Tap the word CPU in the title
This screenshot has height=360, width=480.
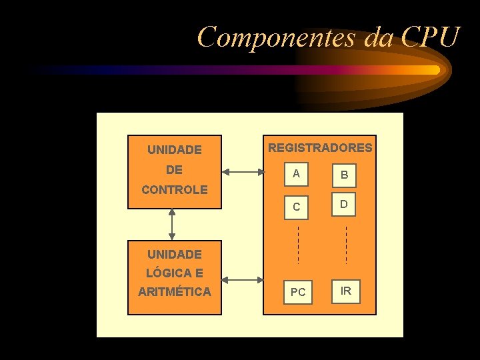point(431,37)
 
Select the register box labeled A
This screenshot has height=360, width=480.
point(297,174)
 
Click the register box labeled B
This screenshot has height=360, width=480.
point(344,175)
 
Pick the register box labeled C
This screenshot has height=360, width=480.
point(297,206)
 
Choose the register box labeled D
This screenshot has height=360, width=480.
point(344,204)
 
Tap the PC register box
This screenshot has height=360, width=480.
point(298,291)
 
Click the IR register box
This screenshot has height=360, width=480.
point(346,291)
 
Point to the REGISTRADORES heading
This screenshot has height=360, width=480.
point(320,147)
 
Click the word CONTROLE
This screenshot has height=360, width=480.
point(175,190)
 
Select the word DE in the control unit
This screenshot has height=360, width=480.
point(175,170)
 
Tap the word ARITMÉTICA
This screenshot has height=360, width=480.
point(175,291)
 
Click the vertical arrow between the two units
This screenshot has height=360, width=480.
point(173,224)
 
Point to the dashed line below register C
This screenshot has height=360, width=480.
point(298,245)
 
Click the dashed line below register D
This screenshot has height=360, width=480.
point(346,245)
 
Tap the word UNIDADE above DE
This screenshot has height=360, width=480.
point(175,150)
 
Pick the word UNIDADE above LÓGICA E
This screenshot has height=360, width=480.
point(175,254)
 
